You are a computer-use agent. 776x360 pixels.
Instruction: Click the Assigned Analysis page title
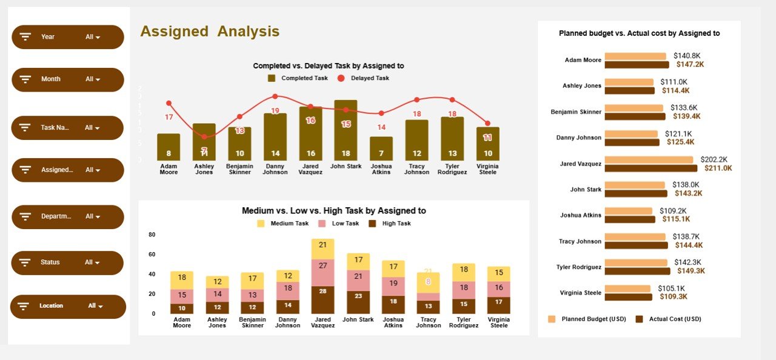(210, 32)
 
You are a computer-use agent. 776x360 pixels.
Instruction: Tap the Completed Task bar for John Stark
(346, 130)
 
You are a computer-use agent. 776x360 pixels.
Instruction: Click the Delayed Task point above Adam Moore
(169, 104)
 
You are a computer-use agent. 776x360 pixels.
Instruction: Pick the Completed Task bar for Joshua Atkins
(381, 148)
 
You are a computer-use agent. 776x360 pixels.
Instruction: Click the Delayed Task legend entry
(364, 78)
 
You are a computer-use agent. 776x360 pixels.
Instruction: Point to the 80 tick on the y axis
(152, 235)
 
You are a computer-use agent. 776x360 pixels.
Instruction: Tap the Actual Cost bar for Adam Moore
(637, 64)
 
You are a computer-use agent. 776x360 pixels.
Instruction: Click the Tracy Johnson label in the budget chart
(580, 241)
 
